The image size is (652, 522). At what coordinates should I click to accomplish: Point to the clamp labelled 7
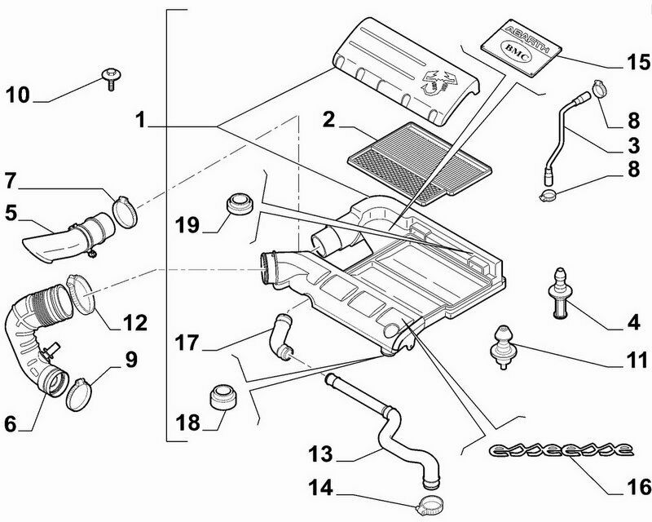click(121, 210)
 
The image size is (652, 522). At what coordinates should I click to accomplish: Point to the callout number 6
click(11, 423)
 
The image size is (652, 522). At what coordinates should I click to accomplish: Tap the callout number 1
click(141, 120)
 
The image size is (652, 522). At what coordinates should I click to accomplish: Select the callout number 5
click(11, 213)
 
